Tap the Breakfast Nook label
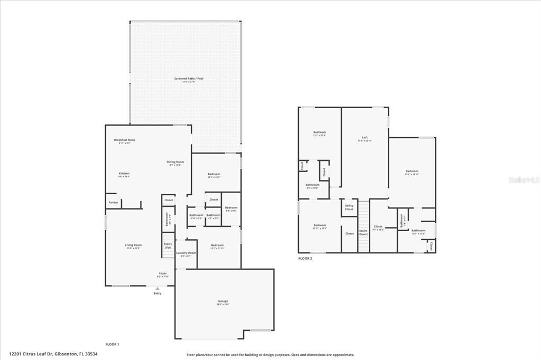point(125,140)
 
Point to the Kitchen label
point(124,174)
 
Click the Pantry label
point(113,202)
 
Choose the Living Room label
point(134,245)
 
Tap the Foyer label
point(163,273)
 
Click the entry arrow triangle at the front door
point(157,288)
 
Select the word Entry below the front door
point(157,293)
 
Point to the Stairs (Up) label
point(167,245)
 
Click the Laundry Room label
point(186,253)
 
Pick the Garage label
point(222,301)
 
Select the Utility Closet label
point(349,207)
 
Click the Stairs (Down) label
point(363,232)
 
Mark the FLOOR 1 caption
point(112,344)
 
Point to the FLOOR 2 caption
point(305,259)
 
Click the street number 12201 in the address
point(15,354)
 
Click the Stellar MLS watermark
point(524,180)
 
